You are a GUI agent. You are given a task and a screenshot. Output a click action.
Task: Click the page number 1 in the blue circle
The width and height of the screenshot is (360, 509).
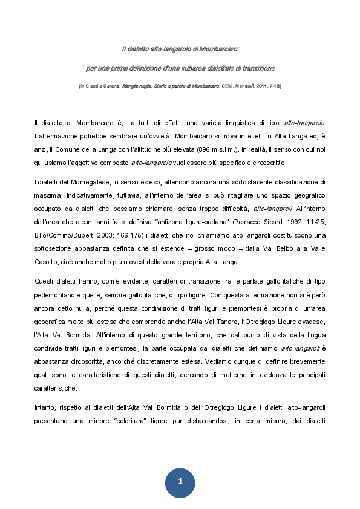[180, 481]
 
